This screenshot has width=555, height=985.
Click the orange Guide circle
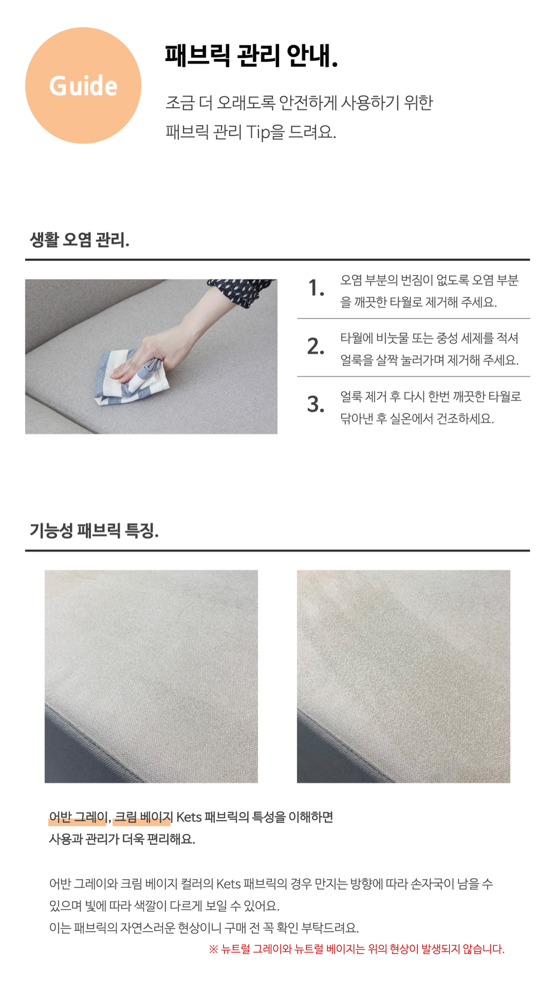(83, 85)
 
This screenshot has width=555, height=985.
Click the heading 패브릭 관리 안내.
(251, 55)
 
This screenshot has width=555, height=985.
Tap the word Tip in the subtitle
(258, 133)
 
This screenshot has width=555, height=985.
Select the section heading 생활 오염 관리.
(79, 240)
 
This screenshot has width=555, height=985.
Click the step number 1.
(316, 288)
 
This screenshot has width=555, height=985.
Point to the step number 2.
(316, 346)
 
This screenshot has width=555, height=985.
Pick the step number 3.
(316, 404)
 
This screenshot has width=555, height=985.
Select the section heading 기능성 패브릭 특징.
(94, 531)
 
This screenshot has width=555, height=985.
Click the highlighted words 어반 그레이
(78, 817)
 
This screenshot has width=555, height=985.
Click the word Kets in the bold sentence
(189, 817)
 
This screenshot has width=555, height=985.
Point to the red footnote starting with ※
(356, 949)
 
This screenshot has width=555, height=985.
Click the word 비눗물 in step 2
(393, 338)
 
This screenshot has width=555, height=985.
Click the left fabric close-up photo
(151, 676)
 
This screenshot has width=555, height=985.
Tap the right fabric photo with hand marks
(403, 676)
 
